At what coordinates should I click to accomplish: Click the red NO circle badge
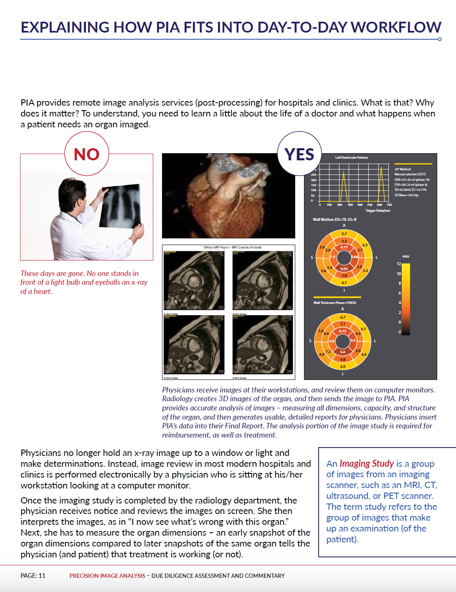[87, 154]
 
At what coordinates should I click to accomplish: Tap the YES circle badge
[299, 154]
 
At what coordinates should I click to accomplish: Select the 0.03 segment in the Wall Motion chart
[344, 269]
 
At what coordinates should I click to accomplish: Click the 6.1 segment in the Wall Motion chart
[344, 283]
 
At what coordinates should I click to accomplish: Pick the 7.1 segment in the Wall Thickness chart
[343, 324]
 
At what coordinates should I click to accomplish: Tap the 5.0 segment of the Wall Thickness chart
[343, 367]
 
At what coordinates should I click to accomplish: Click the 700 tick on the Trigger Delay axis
[389, 205]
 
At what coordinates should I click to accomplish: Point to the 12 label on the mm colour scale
[399, 264]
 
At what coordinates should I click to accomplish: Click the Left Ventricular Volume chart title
[352, 157]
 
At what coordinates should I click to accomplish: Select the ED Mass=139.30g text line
[406, 195]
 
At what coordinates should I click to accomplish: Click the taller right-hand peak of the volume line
[381, 168]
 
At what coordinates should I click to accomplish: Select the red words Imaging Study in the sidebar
[367, 463]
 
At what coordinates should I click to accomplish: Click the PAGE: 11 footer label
[33, 576]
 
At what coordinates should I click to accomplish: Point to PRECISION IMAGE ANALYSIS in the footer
[107, 576]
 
